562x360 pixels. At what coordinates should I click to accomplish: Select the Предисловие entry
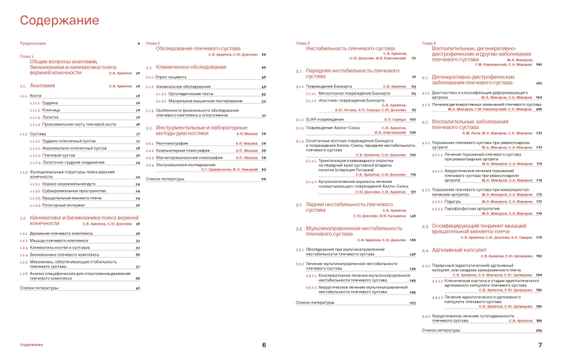tap(33, 44)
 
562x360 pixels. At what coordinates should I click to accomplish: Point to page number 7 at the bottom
tap(548, 345)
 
